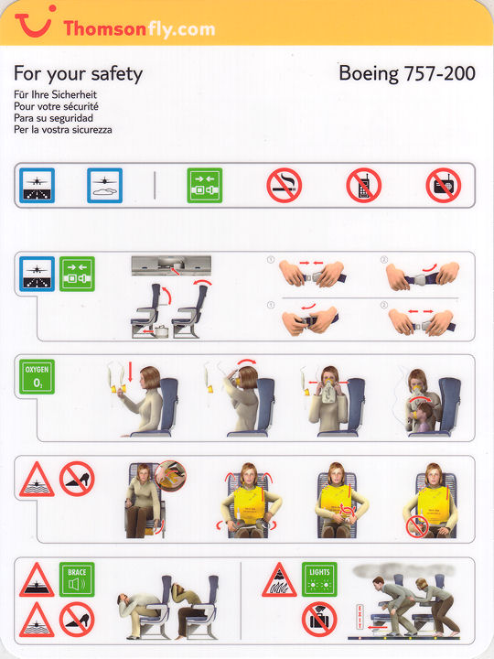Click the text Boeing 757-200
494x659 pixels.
(x=406, y=73)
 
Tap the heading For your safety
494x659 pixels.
(x=78, y=74)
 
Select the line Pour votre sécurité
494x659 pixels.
(x=56, y=106)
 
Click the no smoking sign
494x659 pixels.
(x=284, y=185)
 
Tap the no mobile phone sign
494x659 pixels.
(x=364, y=185)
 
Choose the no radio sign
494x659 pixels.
(x=444, y=185)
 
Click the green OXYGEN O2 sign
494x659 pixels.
(x=37, y=376)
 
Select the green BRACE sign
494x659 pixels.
(x=77, y=579)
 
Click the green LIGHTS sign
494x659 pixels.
(x=319, y=579)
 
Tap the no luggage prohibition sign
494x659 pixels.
(x=319, y=620)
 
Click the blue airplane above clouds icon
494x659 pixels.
(x=104, y=185)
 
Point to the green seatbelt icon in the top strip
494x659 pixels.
(x=205, y=185)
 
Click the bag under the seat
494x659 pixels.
(x=161, y=331)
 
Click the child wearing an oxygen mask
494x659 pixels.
(x=421, y=417)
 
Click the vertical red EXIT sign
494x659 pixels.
(x=360, y=617)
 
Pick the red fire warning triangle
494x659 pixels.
(x=279, y=580)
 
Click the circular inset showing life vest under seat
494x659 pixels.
(x=170, y=476)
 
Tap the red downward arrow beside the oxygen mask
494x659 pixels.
(x=130, y=371)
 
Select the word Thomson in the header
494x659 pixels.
(x=105, y=28)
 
